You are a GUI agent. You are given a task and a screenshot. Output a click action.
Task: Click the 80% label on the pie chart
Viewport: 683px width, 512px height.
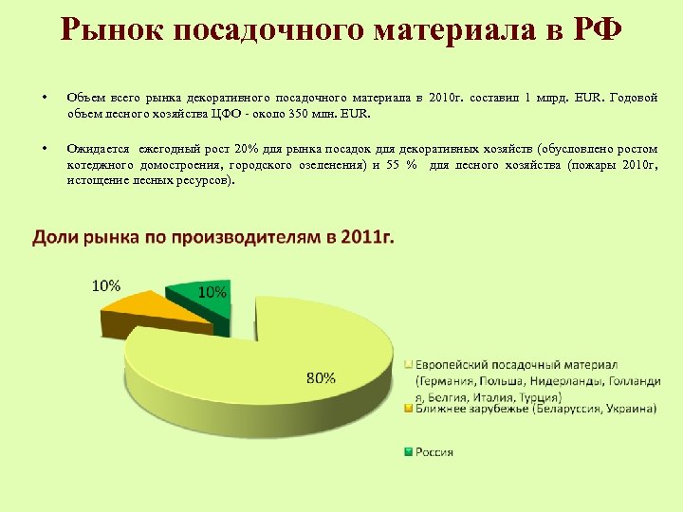click(320, 376)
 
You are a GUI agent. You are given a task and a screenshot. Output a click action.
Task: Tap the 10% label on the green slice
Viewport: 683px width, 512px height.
click(212, 293)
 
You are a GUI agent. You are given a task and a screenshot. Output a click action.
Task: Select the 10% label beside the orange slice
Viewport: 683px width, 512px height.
click(105, 284)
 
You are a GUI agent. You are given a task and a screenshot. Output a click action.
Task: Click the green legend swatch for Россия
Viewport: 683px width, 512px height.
click(410, 452)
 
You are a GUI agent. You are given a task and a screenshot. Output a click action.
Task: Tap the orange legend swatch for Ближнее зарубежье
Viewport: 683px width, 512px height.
click(410, 410)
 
